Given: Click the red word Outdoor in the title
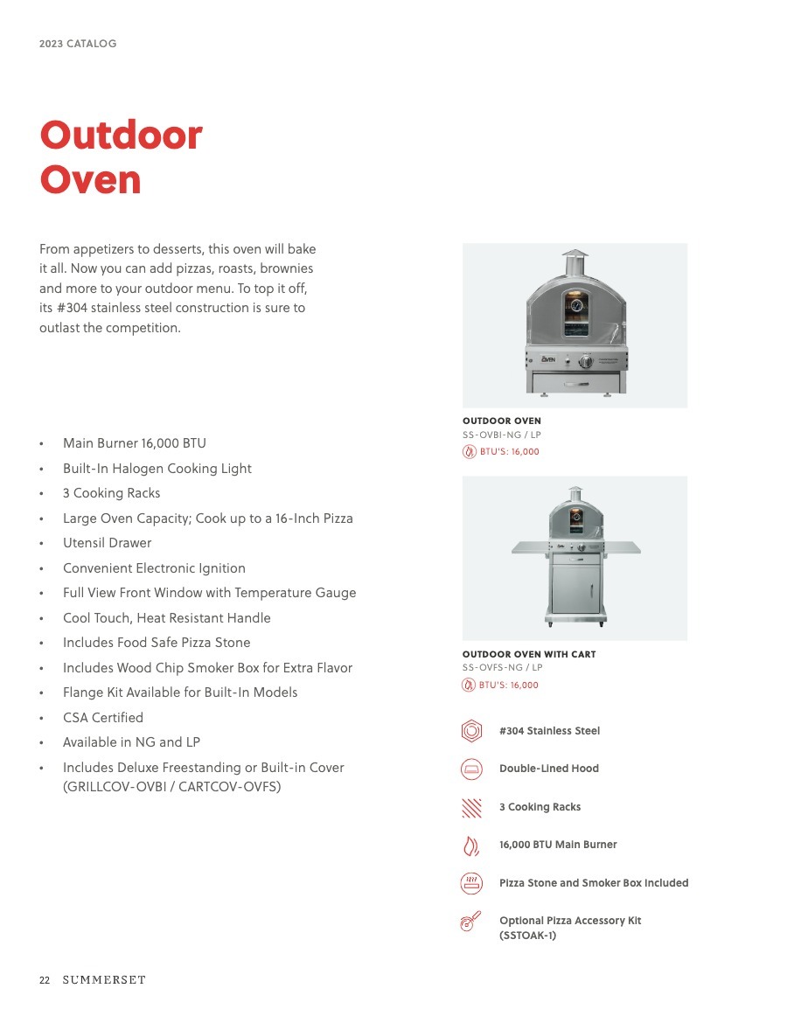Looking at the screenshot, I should pyautogui.click(x=121, y=136).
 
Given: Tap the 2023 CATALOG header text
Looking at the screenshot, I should pyautogui.click(x=78, y=44).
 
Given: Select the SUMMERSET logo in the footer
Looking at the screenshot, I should pyautogui.click(x=104, y=980).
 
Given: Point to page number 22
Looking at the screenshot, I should pyautogui.click(x=45, y=980).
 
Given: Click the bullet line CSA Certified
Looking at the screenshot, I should pyautogui.click(x=103, y=718).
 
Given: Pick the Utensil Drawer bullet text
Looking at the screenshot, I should pyautogui.click(x=107, y=543).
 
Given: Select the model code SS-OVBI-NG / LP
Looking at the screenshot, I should pyautogui.click(x=502, y=435).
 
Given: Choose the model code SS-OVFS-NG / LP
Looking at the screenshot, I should pyautogui.click(x=503, y=668).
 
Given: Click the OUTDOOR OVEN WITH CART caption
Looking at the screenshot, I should pyautogui.click(x=529, y=654).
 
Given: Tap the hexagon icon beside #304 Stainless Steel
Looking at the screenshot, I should pyautogui.click(x=471, y=731).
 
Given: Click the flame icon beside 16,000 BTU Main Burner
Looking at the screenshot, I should pyautogui.click(x=471, y=845).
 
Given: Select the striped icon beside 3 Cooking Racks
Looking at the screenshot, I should pyautogui.click(x=471, y=807).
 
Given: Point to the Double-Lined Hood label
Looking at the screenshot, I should pyautogui.click(x=549, y=769).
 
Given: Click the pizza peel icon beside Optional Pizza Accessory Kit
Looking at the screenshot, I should pyautogui.click(x=471, y=922).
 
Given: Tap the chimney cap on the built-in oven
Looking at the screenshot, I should pyautogui.click(x=575, y=255).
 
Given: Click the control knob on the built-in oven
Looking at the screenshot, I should pyautogui.click(x=586, y=362).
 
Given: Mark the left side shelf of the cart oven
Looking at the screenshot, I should pyautogui.click(x=530, y=546).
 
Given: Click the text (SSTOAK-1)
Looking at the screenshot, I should pyautogui.click(x=527, y=936).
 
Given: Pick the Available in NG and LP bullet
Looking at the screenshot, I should pyautogui.click(x=131, y=742).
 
